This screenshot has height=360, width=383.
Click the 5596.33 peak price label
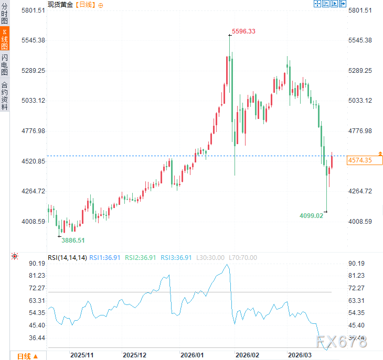click(x=243, y=31)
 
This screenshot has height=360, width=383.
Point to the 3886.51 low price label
click(x=73, y=240)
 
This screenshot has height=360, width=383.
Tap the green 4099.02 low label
click(x=311, y=215)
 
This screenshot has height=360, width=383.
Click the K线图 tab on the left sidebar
click(x=5, y=39)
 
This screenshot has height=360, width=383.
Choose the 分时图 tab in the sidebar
click(x=5, y=14)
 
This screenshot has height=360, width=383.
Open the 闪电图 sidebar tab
click(x=5, y=64)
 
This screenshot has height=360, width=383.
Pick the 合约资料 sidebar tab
click(x=5, y=95)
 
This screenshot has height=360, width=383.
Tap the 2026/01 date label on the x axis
click(x=191, y=355)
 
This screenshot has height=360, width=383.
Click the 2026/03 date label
click(x=300, y=355)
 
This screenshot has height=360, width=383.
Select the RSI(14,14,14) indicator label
click(x=67, y=257)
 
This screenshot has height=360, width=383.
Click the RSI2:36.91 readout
click(x=141, y=257)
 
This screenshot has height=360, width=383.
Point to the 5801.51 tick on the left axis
click(x=33, y=10)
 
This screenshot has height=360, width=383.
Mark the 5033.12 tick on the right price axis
click(x=360, y=101)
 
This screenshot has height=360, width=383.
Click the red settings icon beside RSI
click(x=15, y=256)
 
